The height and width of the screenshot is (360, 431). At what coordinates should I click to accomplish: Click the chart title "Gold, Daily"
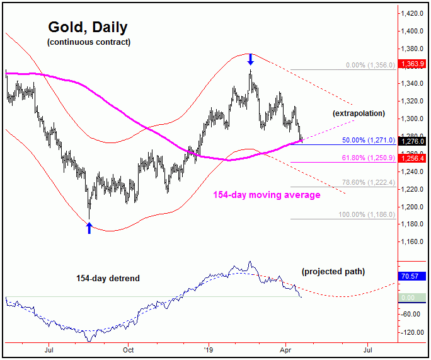[x=88, y=28]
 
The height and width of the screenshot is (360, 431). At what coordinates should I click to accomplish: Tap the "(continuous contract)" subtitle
[x=88, y=42]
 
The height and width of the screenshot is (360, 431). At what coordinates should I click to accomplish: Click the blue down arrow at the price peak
[x=250, y=59]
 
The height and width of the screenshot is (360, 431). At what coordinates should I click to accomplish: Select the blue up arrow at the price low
[x=89, y=228]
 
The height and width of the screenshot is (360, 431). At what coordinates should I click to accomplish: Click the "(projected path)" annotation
[x=333, y=272]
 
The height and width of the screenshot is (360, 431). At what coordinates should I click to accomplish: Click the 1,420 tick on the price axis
[x=414, y=13]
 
